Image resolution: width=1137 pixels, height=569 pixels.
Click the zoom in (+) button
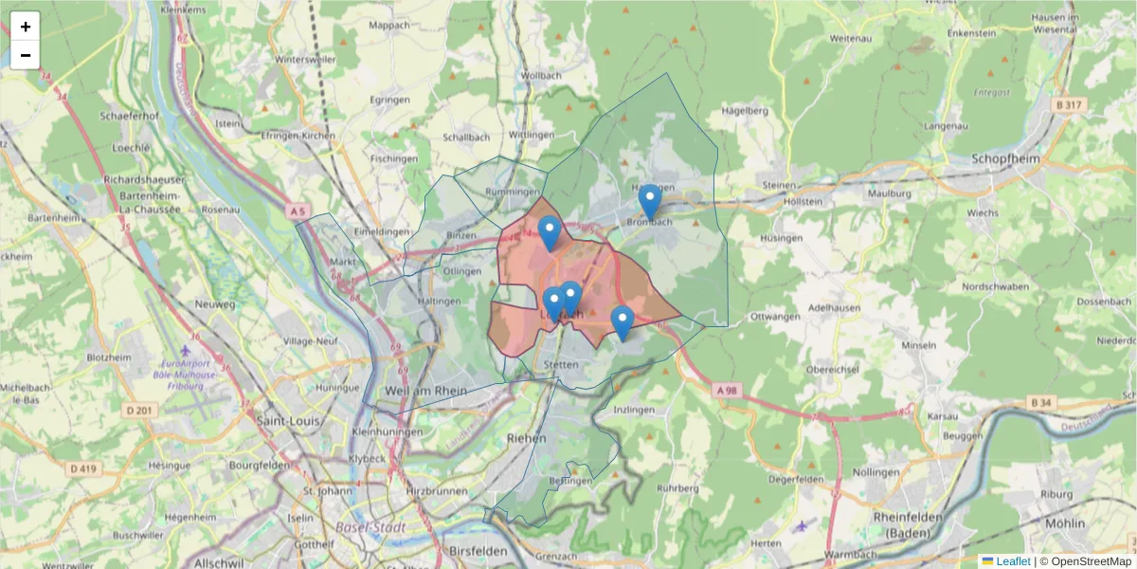pyautogui.click(x=26, y=27)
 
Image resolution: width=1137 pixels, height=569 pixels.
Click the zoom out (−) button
pyautogui.click(x=26, y=55)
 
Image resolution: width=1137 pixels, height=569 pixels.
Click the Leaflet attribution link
pyautogui.click(x=1012, y=561)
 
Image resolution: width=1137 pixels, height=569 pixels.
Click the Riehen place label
pyautogui.click(x=527, y=438)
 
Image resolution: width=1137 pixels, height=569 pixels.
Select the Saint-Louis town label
pyautogui.click(x=285, y=421)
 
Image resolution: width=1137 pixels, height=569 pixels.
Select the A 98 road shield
pyautogui.click(x=727, y=390)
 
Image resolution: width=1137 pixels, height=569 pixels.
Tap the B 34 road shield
pyautogui.click(x=1040, y=403)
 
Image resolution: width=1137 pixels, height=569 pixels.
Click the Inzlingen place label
pyautogui.click(x=634, y=410)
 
